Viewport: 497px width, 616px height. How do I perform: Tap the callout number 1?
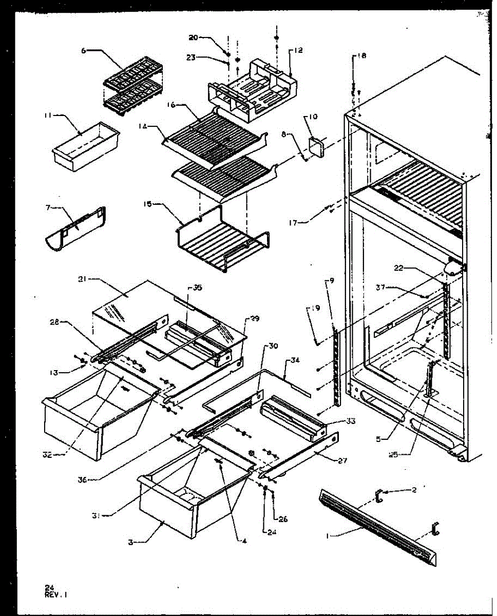point(328,536)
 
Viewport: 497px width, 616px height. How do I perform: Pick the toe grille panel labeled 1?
point(377,526)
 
